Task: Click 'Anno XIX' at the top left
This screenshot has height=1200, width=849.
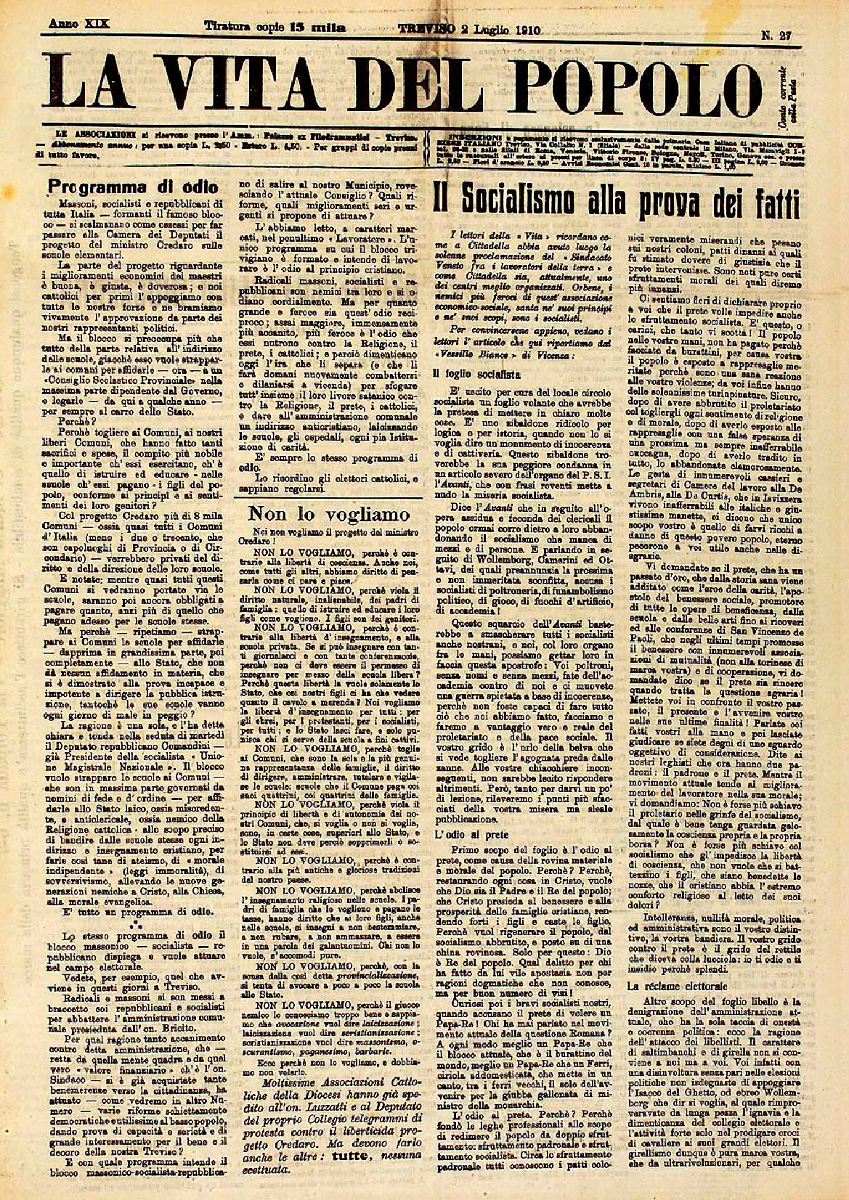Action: click(x=79, y=24)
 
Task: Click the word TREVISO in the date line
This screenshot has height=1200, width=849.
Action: click(x=428, y=29)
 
